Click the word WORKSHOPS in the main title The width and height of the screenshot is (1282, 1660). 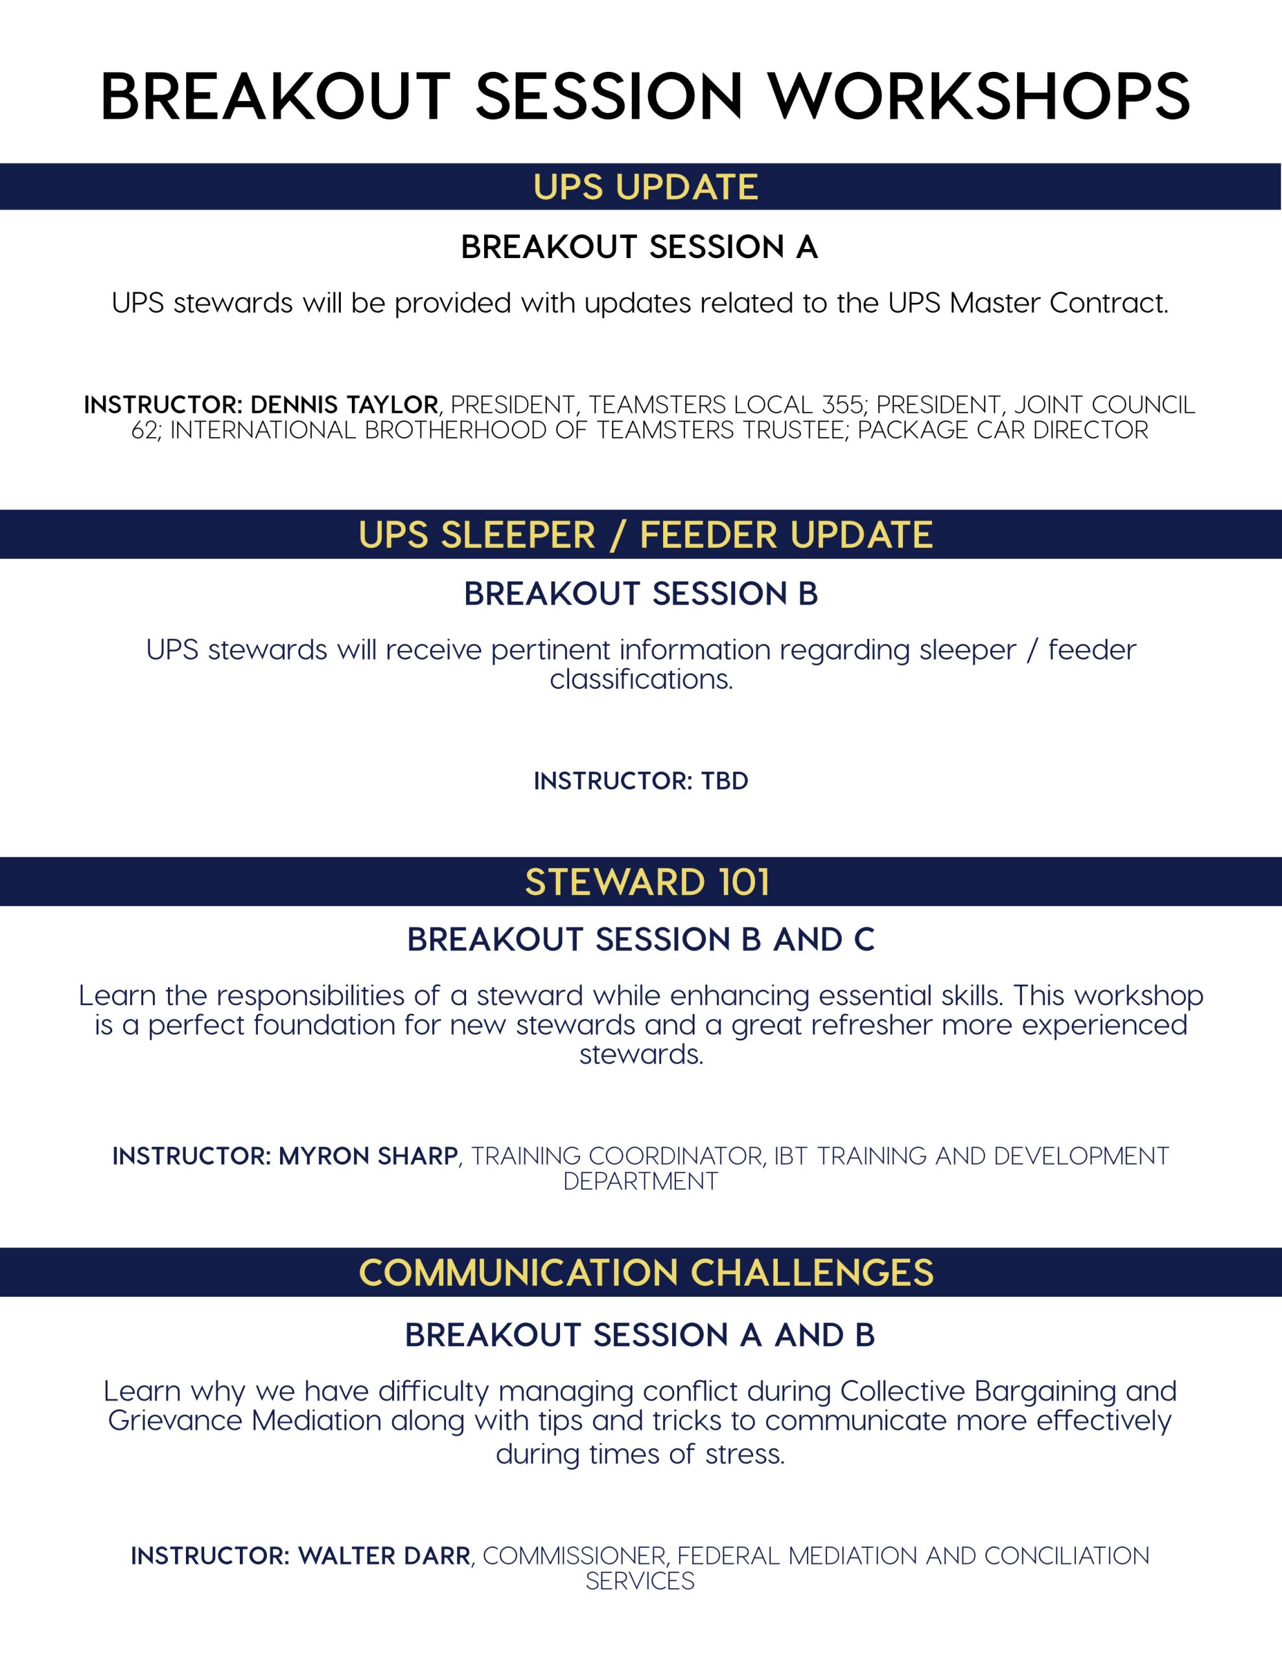point(979,97)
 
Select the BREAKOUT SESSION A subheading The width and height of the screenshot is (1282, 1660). point(640,247)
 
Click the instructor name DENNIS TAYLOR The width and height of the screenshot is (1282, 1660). point(344,405)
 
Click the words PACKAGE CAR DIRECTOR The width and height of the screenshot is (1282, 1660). point(1003,430)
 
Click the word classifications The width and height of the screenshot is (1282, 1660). point(642,679)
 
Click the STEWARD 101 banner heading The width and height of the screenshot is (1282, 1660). point(647,883)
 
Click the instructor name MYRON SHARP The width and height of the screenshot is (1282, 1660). point(369,1156)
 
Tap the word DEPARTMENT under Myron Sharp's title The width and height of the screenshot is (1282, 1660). point(640,1181)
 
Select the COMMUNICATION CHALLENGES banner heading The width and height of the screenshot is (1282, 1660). point(646,1273)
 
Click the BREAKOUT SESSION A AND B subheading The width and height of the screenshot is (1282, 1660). point(640,1335)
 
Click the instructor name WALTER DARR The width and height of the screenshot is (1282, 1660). point(384,1556)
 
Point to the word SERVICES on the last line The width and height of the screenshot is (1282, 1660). point(640,1581)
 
